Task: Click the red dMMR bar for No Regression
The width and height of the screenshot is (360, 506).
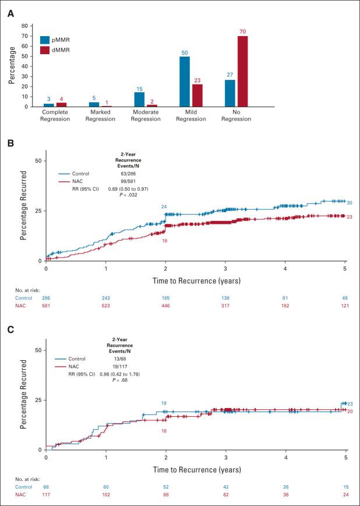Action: [x=242, y=72]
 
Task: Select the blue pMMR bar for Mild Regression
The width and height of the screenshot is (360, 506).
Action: [x=184, y=82]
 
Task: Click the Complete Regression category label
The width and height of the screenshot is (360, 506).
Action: [x=55, y=115]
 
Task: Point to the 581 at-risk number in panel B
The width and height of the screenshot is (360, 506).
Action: [x=46, y=305]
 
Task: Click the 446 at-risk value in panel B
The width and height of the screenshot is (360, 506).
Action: [x=165, y=305]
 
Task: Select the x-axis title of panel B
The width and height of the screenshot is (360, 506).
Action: [x=196, y=282]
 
